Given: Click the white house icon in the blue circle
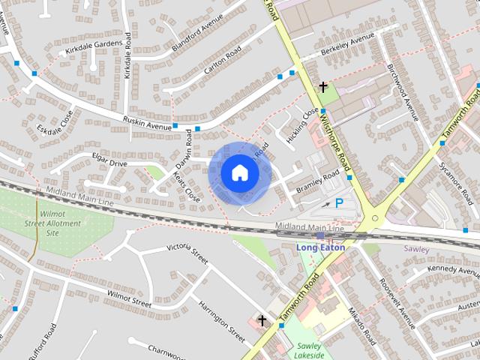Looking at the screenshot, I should tap(240, 172).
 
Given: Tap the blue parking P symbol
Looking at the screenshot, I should tap(340, 202).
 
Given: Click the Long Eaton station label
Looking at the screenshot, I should tap(320, 247).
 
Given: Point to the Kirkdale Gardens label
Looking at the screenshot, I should tap(94, 46).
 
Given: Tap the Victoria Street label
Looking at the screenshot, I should tap(186, 253).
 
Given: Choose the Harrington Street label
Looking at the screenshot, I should tap(222, 319).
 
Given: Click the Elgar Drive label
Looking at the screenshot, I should tap(109, 163).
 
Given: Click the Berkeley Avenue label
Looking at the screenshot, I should tap(347, 45).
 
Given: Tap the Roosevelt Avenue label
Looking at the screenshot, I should tap(397, 304).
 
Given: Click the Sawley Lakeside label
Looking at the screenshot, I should tap(309, 350).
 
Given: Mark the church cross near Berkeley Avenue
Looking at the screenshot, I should tap(323, 88).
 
